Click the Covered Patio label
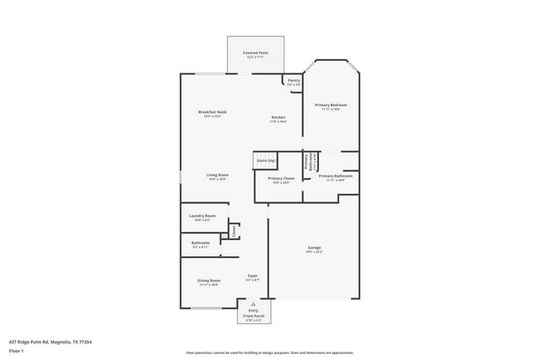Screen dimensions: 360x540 pos(256,54)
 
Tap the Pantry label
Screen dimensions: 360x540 pos(294,82)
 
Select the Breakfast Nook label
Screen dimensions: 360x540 pos(213,114)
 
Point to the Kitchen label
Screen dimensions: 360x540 pos(278,119)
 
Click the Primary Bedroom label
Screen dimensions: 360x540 pos(332,106)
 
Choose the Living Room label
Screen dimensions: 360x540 pos(218,177)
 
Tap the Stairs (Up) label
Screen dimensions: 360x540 pos(266,159)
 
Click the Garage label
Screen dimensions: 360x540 pos(313,250)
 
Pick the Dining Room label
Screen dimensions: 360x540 pos(209,282)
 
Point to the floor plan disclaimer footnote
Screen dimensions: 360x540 pos(269,352)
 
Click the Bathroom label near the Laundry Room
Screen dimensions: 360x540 pos(200,244)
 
